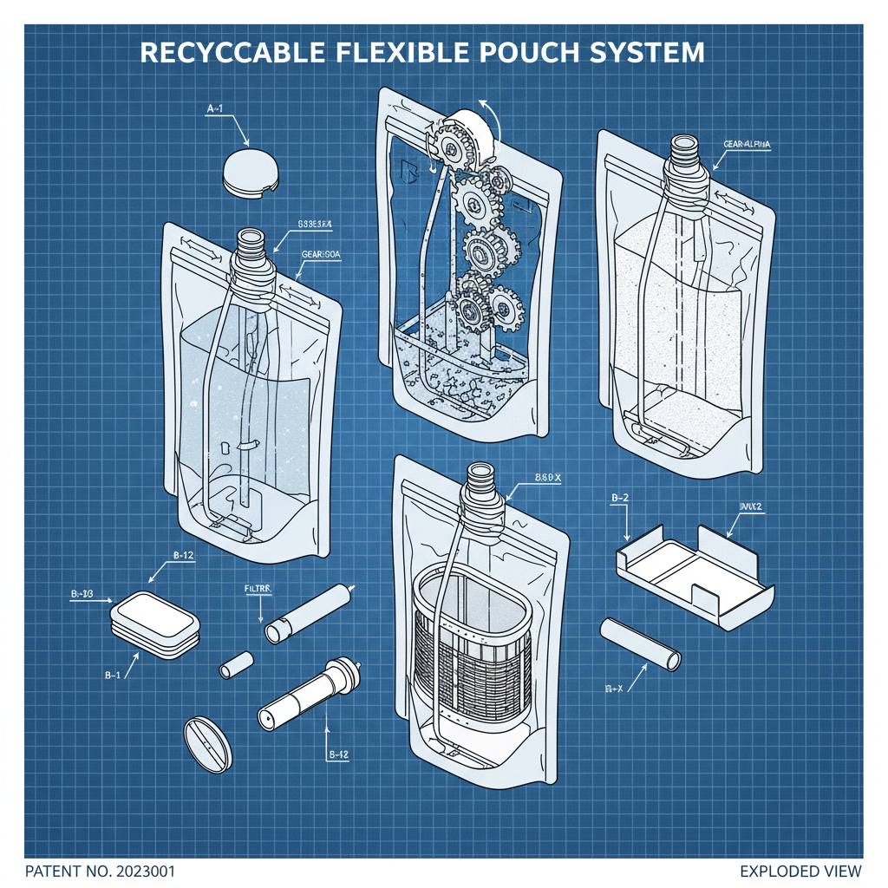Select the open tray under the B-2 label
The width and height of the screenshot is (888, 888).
tap(694, 572)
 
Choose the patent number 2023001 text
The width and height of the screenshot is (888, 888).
tap(105, 871)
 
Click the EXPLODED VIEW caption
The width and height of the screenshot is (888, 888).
tap(800, 871)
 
